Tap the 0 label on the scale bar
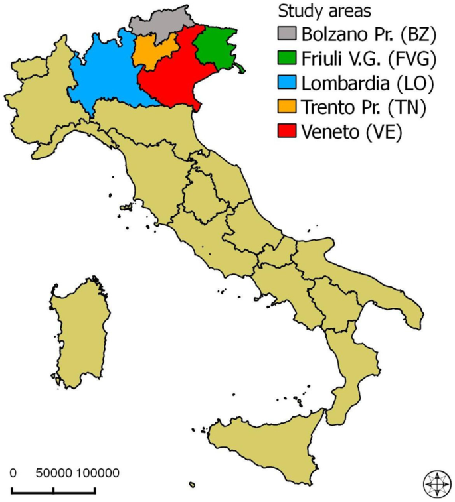pos(13,473)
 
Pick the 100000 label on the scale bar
pos(96,473)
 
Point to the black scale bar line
pos(54,492)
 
